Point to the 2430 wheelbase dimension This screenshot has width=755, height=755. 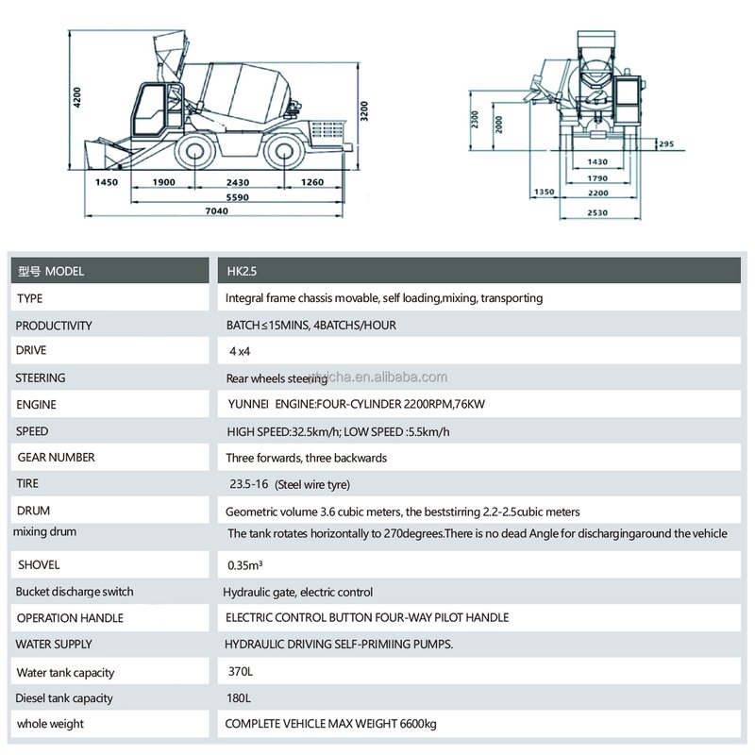(x=238, y=181)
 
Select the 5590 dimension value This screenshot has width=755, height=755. (x=238, y=196)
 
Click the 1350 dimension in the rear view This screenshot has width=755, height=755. (x=544, y=192)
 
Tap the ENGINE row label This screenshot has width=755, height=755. (x=36, y=405)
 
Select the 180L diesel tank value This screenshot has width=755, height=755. (x=240, y=698)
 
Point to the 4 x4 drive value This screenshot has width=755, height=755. (x=243, y=351)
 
